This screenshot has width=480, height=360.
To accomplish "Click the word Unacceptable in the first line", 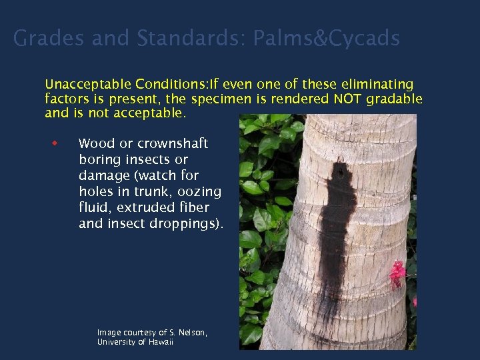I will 87,85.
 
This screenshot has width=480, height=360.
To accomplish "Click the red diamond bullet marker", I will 56,143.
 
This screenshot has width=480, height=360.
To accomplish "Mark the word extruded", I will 145,208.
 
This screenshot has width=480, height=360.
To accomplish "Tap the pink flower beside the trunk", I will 398,272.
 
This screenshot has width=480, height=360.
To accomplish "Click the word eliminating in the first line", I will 374,85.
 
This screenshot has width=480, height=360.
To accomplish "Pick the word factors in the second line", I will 68,99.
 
